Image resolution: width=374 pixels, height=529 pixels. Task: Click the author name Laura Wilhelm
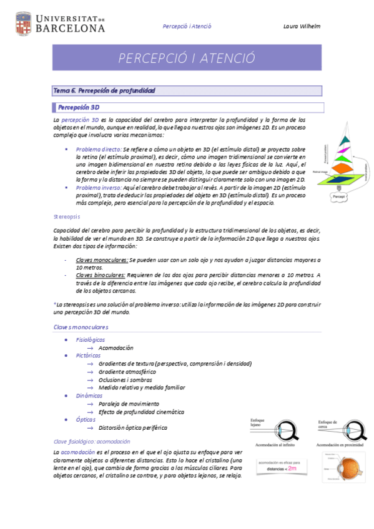click(301, 26)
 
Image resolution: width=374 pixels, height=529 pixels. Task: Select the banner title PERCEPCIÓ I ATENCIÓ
click(187, 58)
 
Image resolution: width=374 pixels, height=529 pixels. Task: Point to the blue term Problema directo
click(99, 150)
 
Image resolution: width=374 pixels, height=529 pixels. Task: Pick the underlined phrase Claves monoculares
click(101, 258)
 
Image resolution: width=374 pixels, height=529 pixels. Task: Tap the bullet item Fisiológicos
click(91, 339)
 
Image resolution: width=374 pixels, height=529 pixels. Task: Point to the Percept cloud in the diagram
click(340, 198)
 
